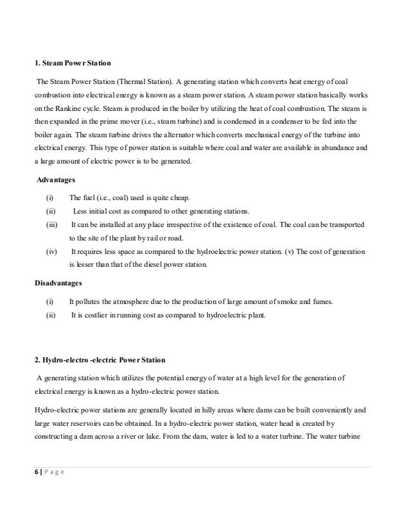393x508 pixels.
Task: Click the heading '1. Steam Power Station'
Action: tap(73, 63)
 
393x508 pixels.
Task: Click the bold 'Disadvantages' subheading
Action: tap(58, 282)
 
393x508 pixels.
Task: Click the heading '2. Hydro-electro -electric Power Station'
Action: tap(100, 359)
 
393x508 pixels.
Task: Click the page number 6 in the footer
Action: tap(36, 471)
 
